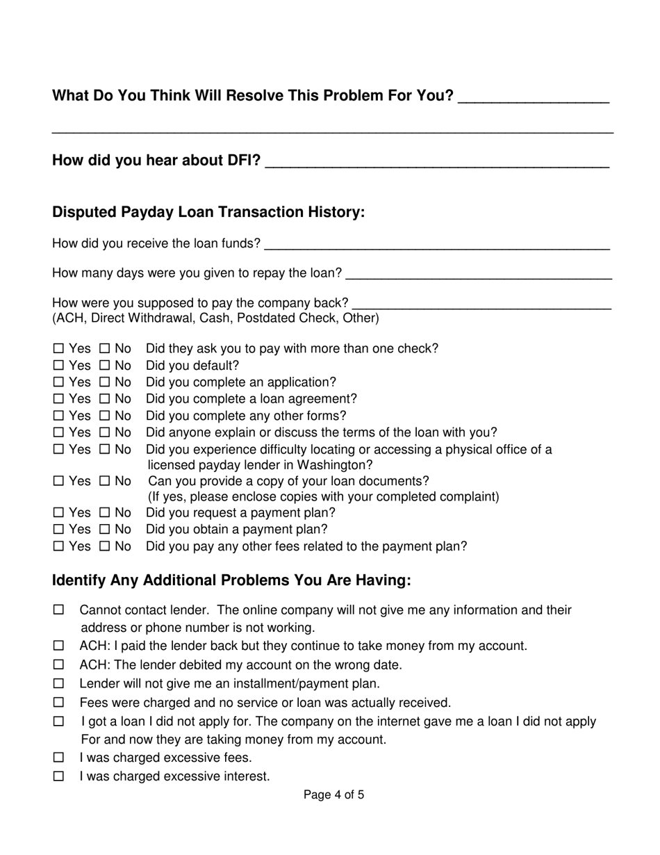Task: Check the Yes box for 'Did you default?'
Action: pos(58,366)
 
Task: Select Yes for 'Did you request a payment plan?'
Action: pos(58,513)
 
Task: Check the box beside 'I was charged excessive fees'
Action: pos(58,757)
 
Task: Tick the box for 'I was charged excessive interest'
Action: pos(58,776)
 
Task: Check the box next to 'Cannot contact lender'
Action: pos(58,610)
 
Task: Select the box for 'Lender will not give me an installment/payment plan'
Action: pos(58,683)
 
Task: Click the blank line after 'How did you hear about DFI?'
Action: pos(437,164)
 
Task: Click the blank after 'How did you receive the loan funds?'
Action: pos(437,245)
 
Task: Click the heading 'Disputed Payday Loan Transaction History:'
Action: pos(208,212)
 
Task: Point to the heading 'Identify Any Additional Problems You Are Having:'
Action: pos(231,580)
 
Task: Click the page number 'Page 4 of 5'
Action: pos(333,795)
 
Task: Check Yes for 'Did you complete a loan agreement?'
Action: pos(58,399)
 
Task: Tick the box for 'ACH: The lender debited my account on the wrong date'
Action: pos(58,665)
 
